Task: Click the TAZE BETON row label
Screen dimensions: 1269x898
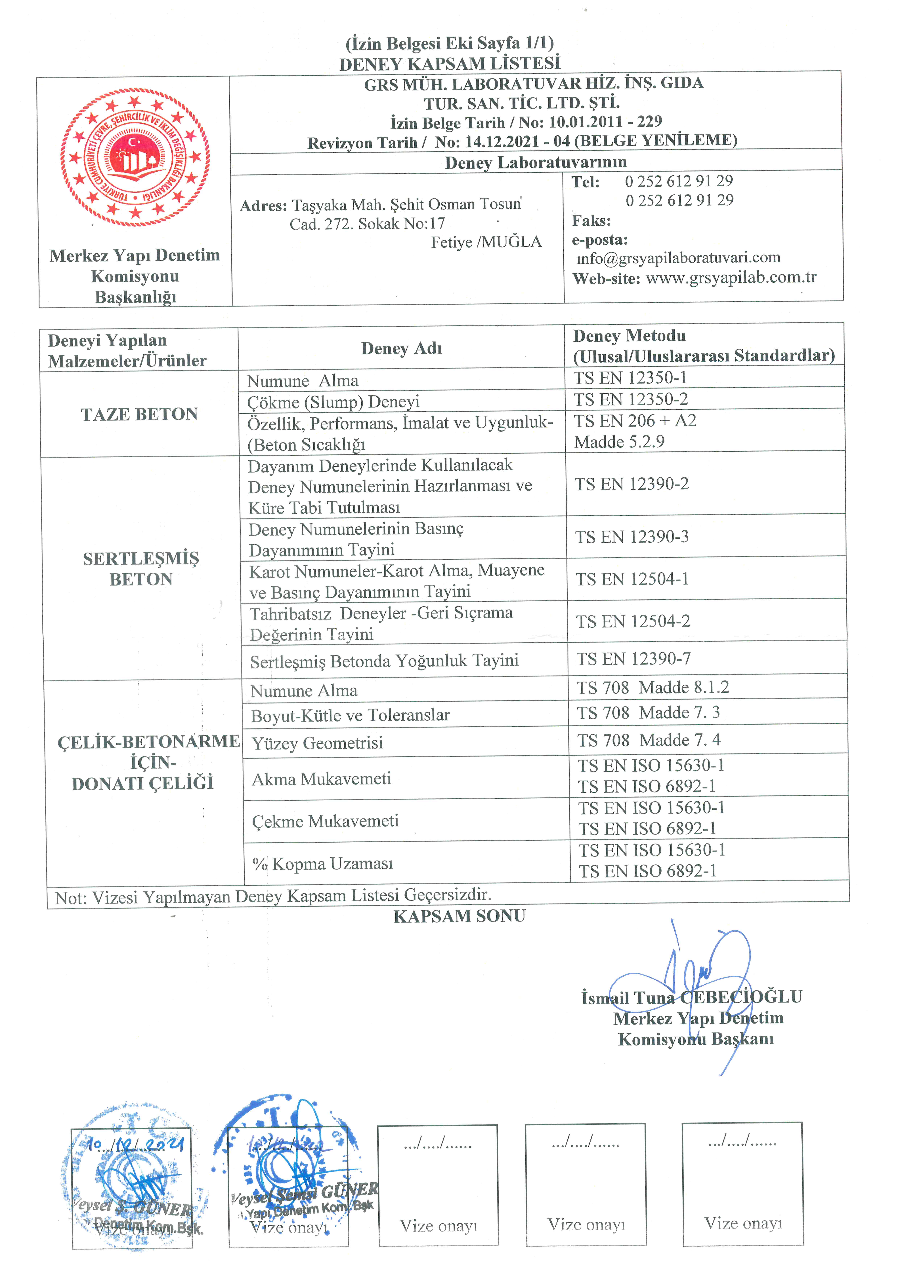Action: coord(139,414)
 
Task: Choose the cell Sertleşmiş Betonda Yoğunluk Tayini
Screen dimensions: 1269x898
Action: coord(384,661)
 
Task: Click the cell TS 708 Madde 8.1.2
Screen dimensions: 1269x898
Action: coord(652,688)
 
